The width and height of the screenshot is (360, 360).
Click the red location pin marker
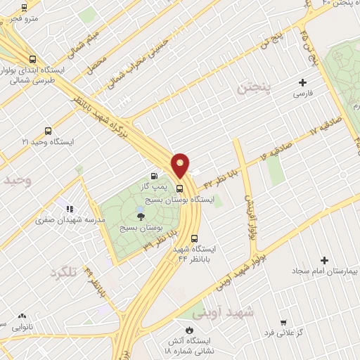pos(181,165)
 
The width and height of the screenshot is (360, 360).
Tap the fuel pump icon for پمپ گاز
pos(154,176)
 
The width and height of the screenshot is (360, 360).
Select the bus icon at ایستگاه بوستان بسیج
pos(180,188)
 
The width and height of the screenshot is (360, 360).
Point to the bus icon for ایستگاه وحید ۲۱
pos(48,131)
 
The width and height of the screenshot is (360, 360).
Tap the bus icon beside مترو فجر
pos(25,8)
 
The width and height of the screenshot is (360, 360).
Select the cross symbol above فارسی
pos(303,82)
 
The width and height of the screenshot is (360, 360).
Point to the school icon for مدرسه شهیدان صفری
pos(70,209)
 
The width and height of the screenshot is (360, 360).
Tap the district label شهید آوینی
pos(234,310)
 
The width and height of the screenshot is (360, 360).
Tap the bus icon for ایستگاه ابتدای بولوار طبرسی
pos(32,60)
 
